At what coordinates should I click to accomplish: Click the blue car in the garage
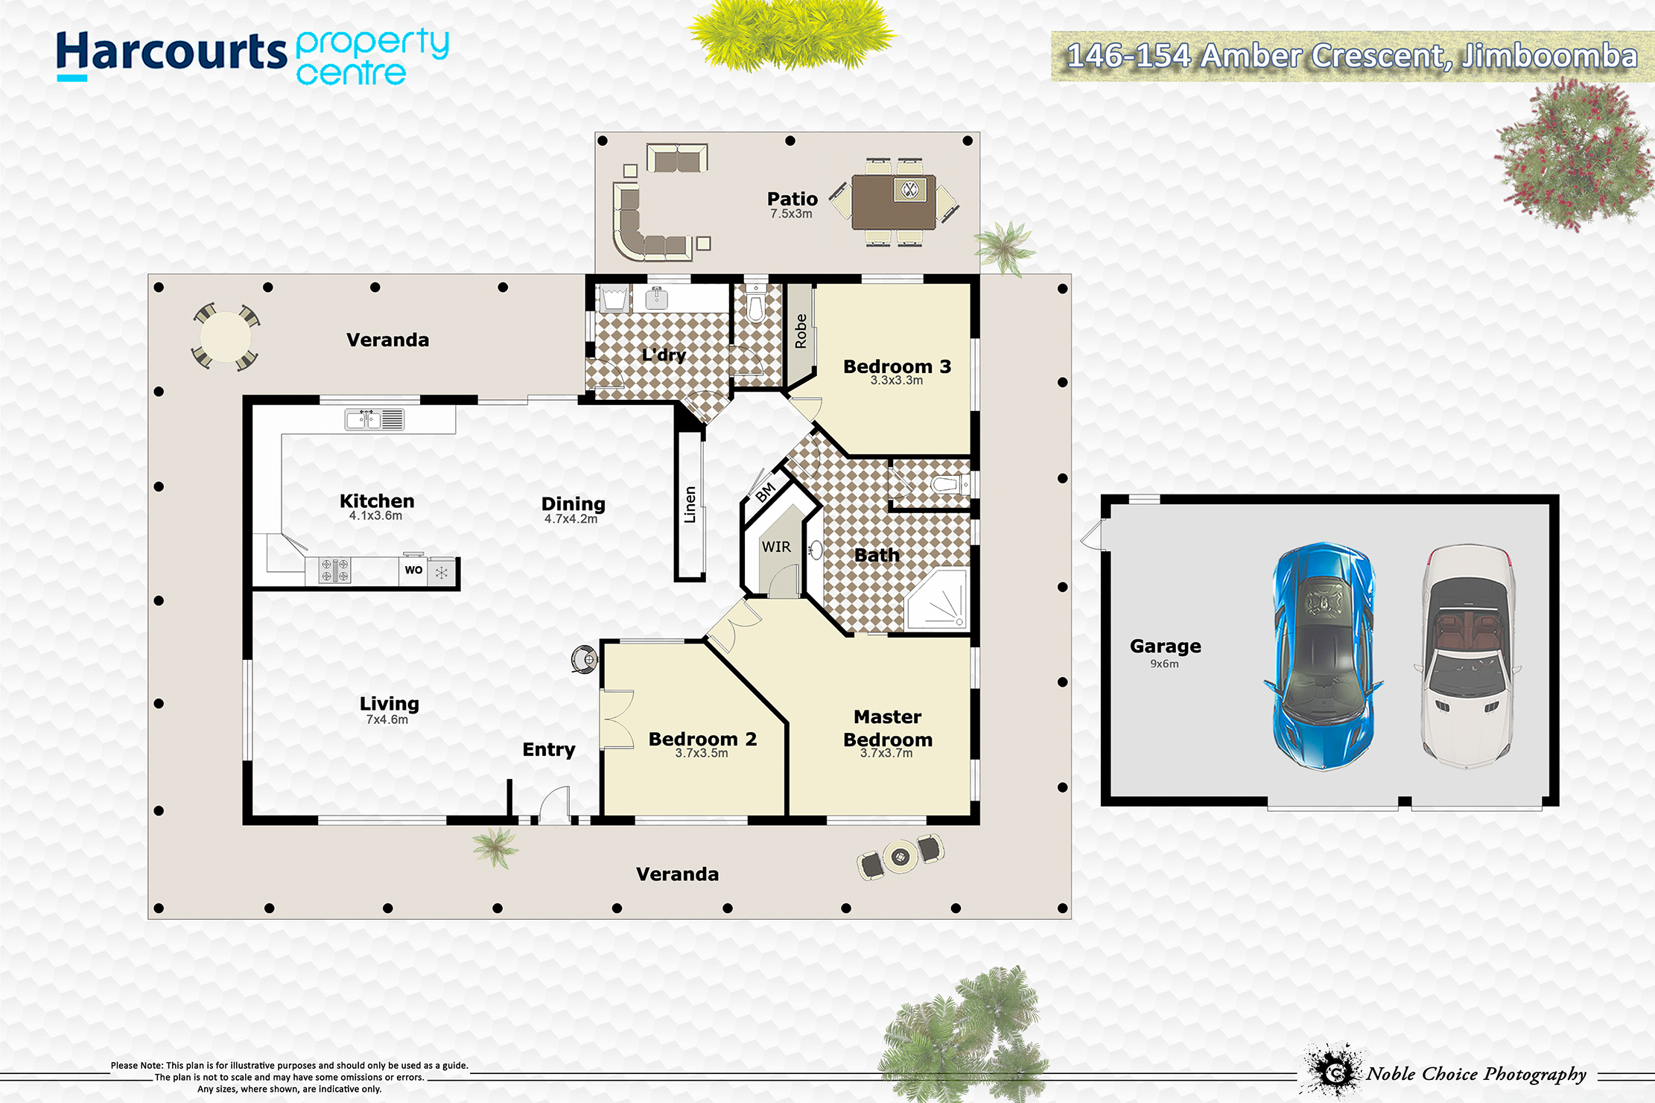[x=1323, y=656]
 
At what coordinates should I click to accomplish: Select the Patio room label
[x=792, y=199]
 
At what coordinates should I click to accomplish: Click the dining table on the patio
[x=894, y=202]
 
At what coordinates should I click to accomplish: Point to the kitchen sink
[x=375, y=419]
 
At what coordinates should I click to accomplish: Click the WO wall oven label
[x=413, y=570]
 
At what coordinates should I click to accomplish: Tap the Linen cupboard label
[x=690, y=505]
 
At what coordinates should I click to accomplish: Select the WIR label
[x=776, y=547]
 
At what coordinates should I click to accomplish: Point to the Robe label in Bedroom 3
[x=801, y=331]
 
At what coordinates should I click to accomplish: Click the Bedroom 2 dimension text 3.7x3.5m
[x=702, y=753]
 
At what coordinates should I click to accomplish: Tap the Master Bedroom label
[x=888, y=728]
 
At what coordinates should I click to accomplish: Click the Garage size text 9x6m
[x=1164, y=664]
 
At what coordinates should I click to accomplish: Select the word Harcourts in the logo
[x=171, y=52]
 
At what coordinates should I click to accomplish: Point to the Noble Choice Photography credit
[x=1475, y=1074]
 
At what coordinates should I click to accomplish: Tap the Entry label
[x=549, y=749]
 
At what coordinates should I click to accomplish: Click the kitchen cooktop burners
[x=334, y=570]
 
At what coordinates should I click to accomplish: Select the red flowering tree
[x=1574, y=155]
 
